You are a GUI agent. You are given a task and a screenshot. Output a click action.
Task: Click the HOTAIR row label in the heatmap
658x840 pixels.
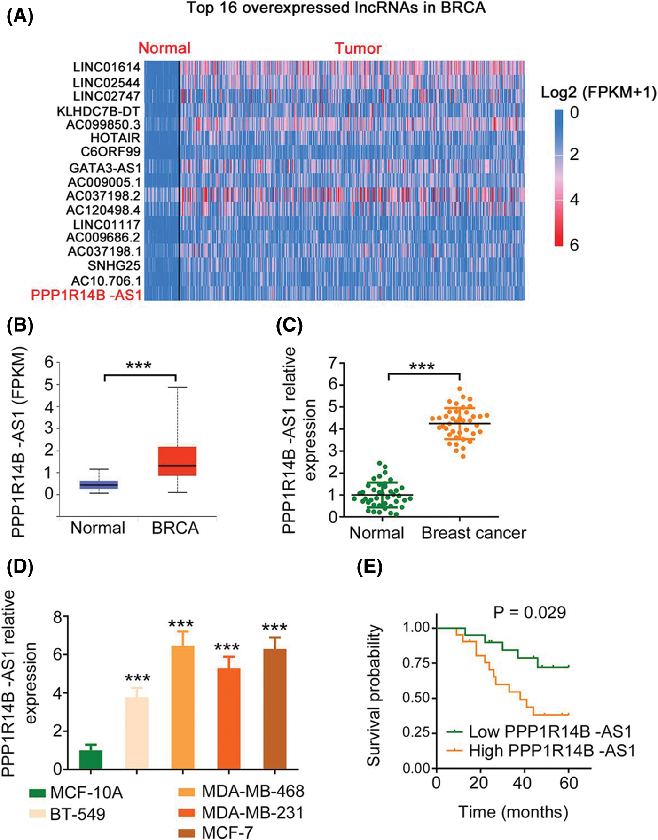[115, 138]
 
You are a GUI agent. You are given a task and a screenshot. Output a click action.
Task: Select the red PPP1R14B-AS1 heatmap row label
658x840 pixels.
[86, 295]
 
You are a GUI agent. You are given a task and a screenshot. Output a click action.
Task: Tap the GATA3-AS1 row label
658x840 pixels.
[105, 168]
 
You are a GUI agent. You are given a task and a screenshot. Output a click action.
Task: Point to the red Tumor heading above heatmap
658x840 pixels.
[358, 48]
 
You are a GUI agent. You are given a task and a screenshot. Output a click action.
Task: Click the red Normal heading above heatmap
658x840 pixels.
[164, 48]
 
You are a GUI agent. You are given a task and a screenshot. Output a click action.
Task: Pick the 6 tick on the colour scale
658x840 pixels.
[574, 245]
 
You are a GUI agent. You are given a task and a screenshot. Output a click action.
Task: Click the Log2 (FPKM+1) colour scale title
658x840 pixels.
[598, 93]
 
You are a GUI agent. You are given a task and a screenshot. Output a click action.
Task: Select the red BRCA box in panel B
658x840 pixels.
[177, 461]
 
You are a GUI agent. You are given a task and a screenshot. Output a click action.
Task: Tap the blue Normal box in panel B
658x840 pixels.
[99, 485]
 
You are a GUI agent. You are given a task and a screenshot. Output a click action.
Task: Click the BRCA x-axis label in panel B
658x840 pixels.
[175, 528]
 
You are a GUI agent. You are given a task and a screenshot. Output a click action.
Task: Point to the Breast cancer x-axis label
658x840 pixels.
[474, 533]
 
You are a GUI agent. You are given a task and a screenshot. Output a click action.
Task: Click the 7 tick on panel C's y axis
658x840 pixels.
[333, 363]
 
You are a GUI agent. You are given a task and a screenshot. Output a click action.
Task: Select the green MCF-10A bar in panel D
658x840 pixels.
[91, 759]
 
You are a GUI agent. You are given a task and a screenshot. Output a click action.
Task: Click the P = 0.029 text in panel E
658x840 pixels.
[530, 612]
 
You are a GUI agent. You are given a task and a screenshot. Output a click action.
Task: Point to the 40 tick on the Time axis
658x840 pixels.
[522, 783]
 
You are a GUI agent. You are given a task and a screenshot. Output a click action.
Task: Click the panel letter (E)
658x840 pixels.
[370, 567]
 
